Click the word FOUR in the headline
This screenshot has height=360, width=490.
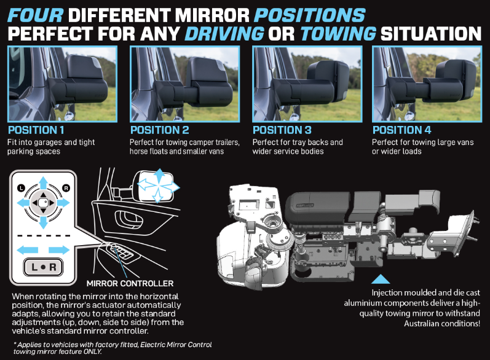point(35,15)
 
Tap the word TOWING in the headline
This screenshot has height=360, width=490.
point(338,34)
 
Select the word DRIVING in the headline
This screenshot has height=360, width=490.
point(224,34)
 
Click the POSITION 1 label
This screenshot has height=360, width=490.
point(36,130)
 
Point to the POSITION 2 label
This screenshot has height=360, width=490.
point(160,130)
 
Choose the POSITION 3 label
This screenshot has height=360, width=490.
point(282,130)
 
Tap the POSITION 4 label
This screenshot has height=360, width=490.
point(401,130)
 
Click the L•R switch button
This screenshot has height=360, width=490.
point(44,267)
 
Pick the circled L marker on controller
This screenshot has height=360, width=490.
point(21,188)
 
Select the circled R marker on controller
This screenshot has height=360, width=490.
point(66,188)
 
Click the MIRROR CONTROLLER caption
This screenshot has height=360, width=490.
point(130,283)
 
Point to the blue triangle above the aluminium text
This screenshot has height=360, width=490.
point(381,280)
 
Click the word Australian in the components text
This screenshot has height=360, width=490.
point(421,324)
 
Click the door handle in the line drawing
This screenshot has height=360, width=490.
point(129,219)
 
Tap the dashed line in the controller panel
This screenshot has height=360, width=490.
point(44,236)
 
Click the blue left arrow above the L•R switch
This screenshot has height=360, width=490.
point(27,250)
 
